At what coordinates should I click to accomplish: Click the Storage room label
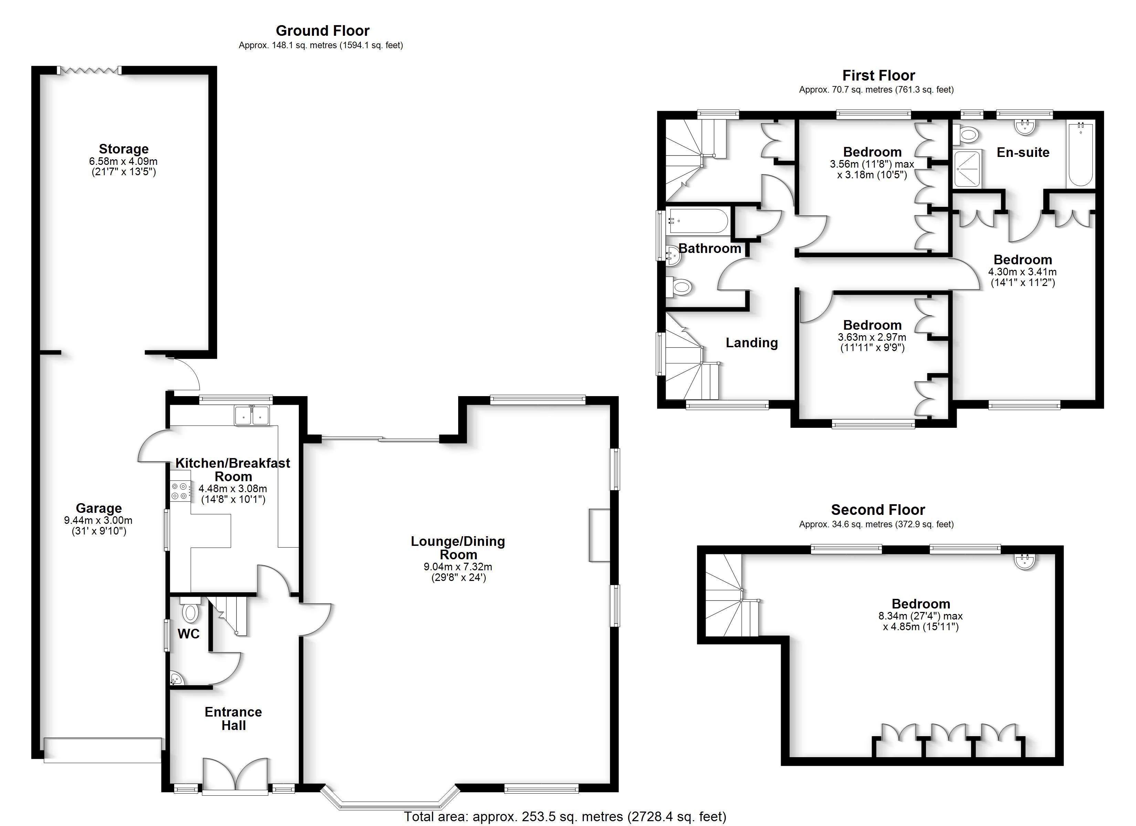tap(123, 149)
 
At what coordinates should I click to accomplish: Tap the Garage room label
tap(99, 508)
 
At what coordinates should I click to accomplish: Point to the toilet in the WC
tap(190, 610)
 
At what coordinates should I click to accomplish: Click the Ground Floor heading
tap(323, 31)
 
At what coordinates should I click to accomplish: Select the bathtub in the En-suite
tap(1080, 154)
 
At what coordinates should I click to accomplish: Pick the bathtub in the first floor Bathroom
tap(698, 221)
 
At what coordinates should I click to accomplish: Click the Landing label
tap(752, 343)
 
